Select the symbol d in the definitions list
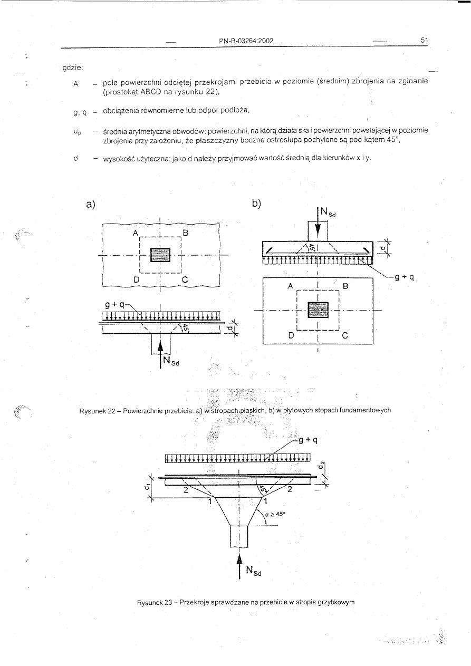click(x=77, y=157)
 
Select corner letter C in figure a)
click(x=185, y=281)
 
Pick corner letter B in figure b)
click(x=346, y=286)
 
